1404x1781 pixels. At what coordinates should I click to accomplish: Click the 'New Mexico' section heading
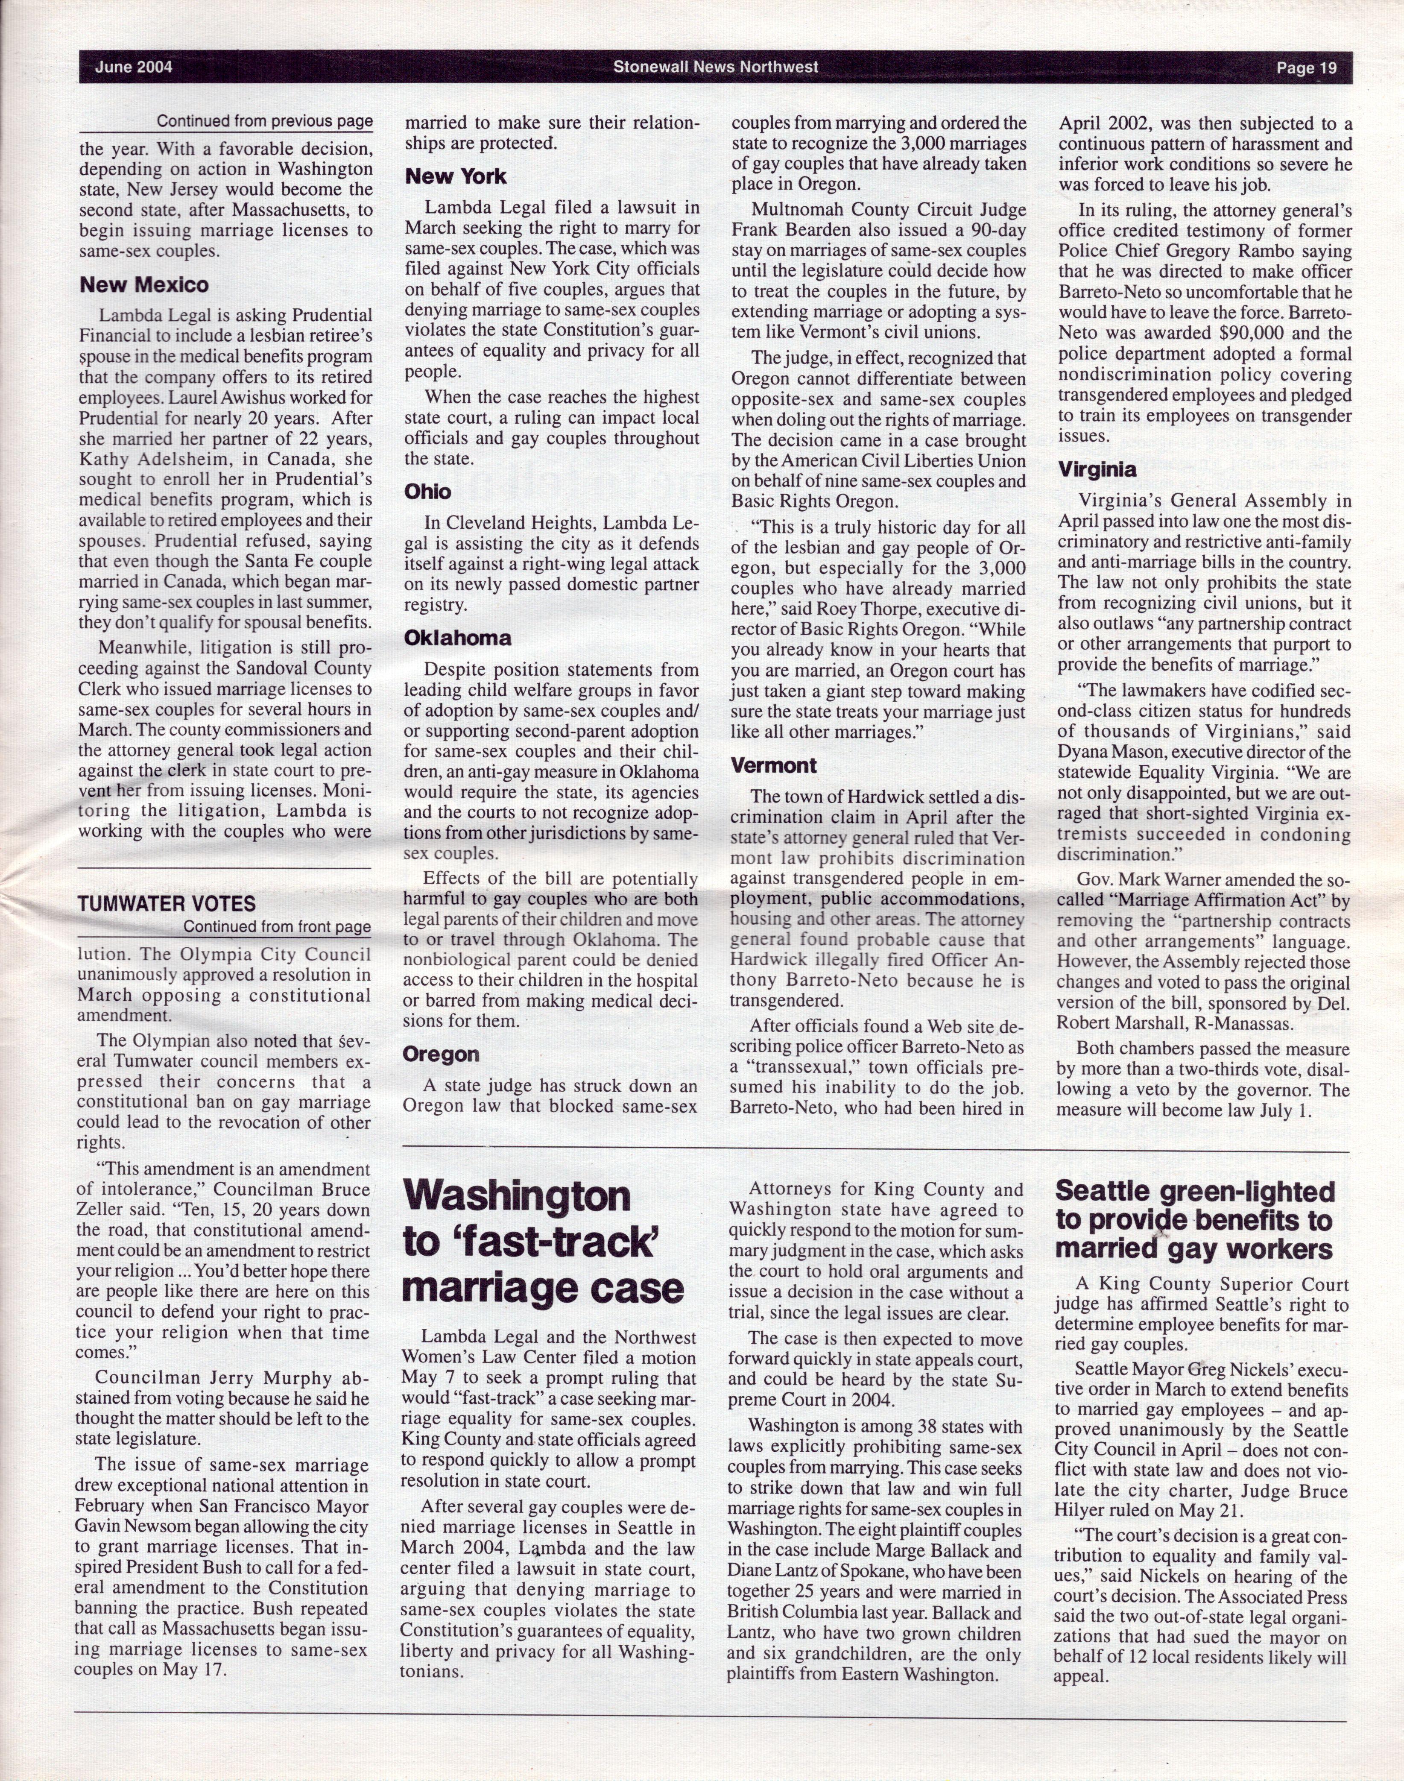[144, 285]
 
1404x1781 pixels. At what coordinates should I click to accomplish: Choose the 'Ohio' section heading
[427, 492]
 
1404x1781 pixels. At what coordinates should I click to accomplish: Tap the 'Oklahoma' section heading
[457, 638]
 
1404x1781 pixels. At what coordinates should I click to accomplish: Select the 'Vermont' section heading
[773, 765]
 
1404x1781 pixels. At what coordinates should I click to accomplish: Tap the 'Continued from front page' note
[277, 927]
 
